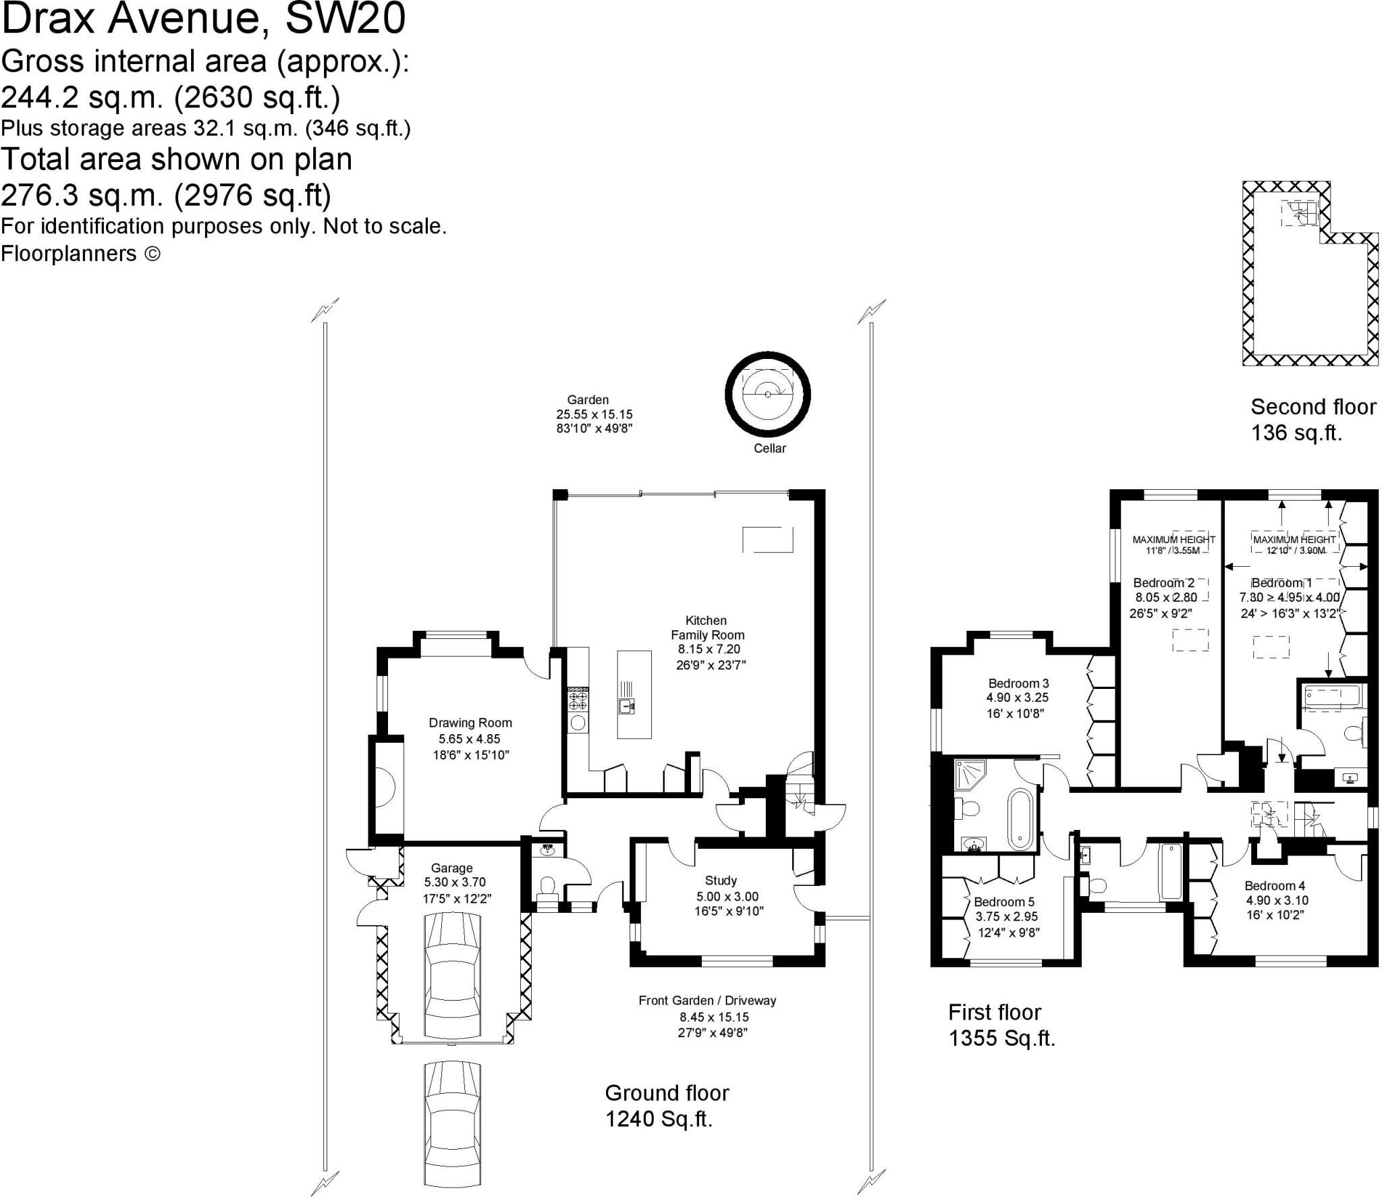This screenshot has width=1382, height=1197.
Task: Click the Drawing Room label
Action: tap(470, 723)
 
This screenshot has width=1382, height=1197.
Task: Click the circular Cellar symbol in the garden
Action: tap(767, 395)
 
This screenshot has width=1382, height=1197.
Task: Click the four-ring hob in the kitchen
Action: tap(578, 698)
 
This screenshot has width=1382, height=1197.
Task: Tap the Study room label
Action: tap(721, 881)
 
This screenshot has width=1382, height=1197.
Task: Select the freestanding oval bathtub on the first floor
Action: tap(1020, 819)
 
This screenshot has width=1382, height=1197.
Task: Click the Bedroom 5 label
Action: tap(1004, 902)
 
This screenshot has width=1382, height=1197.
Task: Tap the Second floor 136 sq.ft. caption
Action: tap(1312, 419)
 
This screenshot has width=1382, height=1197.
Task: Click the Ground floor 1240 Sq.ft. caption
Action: tap(667, 1106)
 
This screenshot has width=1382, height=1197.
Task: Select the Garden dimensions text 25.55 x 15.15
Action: tap(594, 414)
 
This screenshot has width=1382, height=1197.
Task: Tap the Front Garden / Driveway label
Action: tap(707, 1001)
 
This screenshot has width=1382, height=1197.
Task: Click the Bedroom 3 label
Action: tap(1018, 684)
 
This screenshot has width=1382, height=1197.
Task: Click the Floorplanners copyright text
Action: tap(80, 254)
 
